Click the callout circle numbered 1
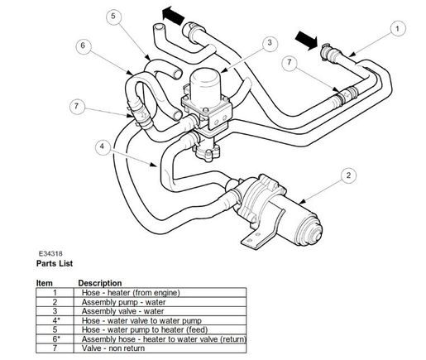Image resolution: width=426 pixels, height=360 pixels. click(x=399, y=30)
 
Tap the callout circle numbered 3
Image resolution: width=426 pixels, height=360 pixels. click(x=270, y=42)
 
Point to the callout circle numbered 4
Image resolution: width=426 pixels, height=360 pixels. click(x=102, y=146)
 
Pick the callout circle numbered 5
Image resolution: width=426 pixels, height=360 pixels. click(x=113, y=16)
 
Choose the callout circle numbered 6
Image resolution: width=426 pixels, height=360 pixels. click(x=84, y=46)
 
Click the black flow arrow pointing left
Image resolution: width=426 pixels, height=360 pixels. click(x=172, y=13)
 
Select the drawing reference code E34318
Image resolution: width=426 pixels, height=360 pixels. click(x=54, y=254)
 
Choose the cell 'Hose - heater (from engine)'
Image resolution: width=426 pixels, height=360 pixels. click(x=127, y=292)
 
